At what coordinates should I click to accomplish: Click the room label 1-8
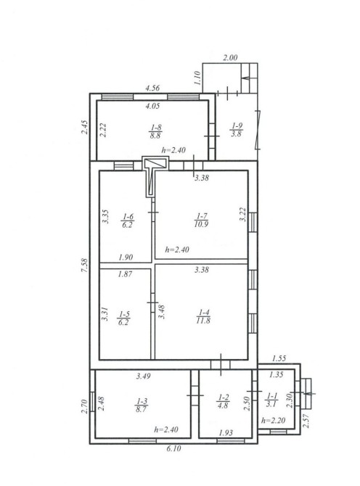(155, 128)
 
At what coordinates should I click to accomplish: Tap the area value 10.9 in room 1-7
(201, 224)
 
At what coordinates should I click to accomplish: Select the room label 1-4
(204, 313)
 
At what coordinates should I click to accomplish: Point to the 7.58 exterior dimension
(85, 265)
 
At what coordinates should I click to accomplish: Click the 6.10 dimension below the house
(173, 448)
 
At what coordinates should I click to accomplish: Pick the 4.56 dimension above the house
(152, 88)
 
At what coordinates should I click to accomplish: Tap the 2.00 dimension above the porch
(230, 57)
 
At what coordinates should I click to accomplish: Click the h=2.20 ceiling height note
(273, 420)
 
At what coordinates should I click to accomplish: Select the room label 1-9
(237, 125)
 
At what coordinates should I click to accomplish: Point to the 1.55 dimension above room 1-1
(279, 358)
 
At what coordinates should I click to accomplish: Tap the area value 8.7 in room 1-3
(141, 409)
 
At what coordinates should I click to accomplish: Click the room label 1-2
(224, 398)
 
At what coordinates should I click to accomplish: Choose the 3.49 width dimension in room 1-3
(144, 376)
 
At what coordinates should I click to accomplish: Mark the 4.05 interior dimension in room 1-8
(152, 106)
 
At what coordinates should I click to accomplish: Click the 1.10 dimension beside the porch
(197, 78)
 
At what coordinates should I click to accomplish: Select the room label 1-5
(123, 315)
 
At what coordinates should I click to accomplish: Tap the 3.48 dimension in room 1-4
(162, 312)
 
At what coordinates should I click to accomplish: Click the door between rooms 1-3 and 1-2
(195, 395)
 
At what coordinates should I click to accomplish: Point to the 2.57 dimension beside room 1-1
(306, 421)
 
